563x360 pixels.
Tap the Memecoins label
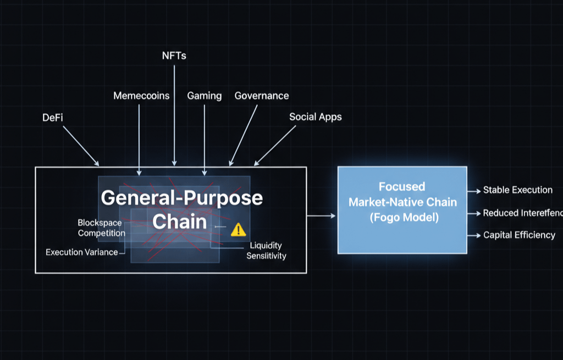tap(141, 96)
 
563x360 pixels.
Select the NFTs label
tap(174, 56)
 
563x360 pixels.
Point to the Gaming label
tap(204, 96)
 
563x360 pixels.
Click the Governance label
tap(262, 96)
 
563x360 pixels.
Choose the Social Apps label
tap(315, 117)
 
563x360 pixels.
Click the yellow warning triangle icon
tap(238, 230)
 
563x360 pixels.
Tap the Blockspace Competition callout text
tap(101, 228)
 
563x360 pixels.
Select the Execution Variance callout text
tap(81, 252)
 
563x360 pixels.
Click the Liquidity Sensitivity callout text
tap(267, 251)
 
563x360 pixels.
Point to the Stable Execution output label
tap(518, 190)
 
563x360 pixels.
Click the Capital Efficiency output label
tap(519, 235)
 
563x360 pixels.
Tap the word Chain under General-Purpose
tap(179, 221)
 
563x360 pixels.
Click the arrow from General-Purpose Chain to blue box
tap(321, 216)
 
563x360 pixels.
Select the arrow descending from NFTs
tap(174, 115)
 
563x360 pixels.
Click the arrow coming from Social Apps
tap(274, 146)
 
